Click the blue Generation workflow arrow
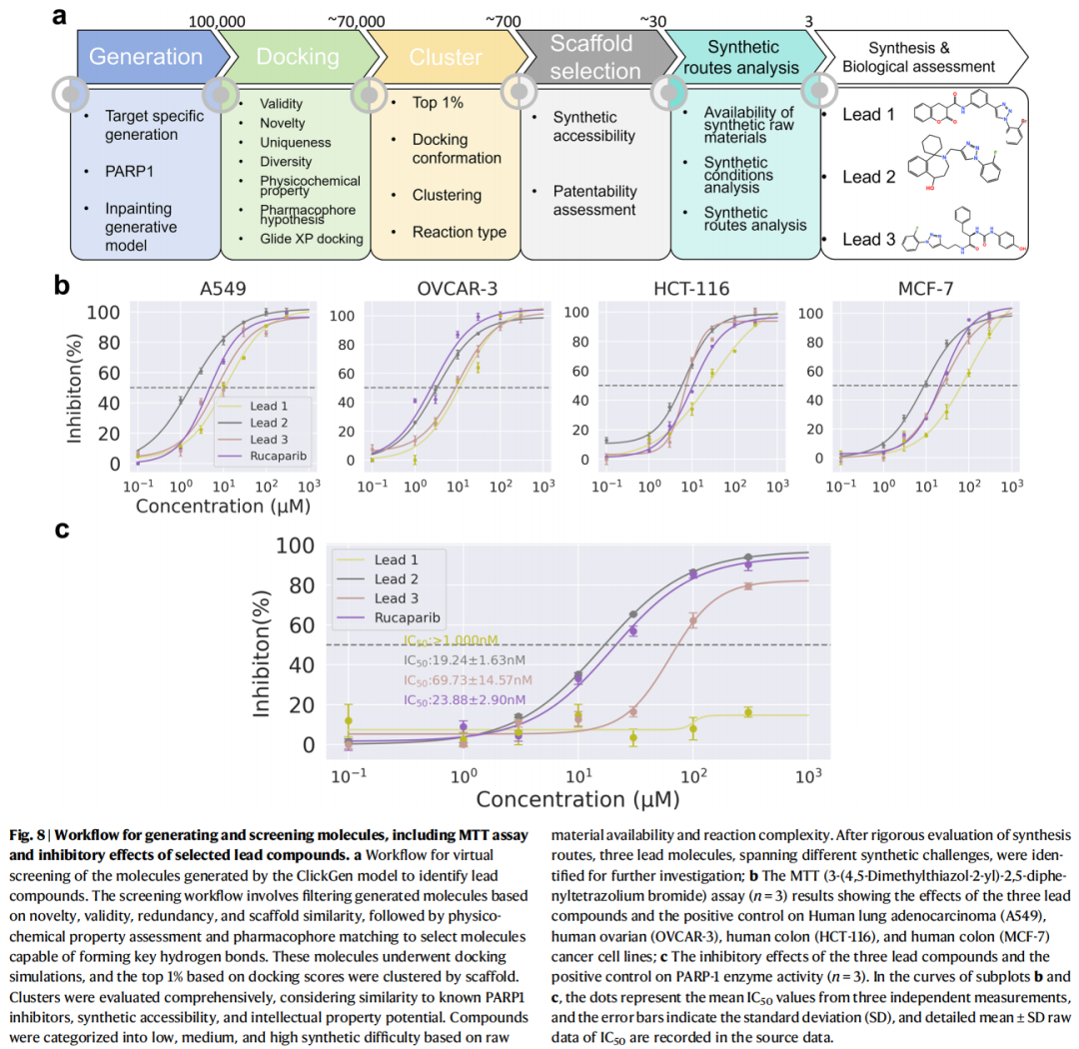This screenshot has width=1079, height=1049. (x=145, y=57)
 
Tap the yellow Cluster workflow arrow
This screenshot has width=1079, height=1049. (x=446, y=57)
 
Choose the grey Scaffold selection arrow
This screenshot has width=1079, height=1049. (x=593, y=57)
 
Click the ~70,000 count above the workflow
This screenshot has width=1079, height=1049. (x=356, y=20)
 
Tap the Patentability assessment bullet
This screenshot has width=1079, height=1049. (x=593, y=200)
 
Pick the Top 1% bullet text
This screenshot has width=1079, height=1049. (x=439, y=103)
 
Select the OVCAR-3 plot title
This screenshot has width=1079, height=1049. (x=457, y=290)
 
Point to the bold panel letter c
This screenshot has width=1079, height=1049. (x=62, y=528)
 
